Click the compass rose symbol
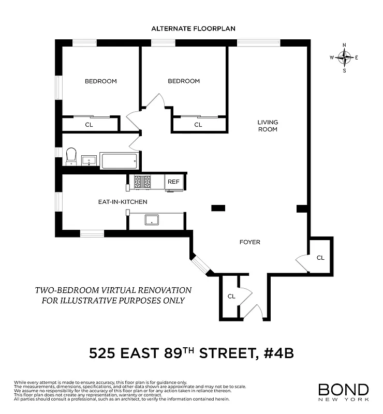[x=345, y=58]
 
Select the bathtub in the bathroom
[x=120, y=160]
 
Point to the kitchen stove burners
[x=142, y=182]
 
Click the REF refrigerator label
[x=173, y=182]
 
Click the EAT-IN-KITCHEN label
[x=123, y=202]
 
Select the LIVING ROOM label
[x=268, y=126]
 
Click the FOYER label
[x=249, y=242]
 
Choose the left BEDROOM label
[x=101, y=81]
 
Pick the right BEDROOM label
[x=184, y=81]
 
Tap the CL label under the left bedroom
[x=89, y=124]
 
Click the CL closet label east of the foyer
[x=320, y=257]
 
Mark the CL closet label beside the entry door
[x=231, y=297]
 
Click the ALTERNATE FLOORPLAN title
[x=193, y=28]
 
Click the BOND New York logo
[x=343, y=391]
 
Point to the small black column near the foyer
[x=218, y=208]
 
